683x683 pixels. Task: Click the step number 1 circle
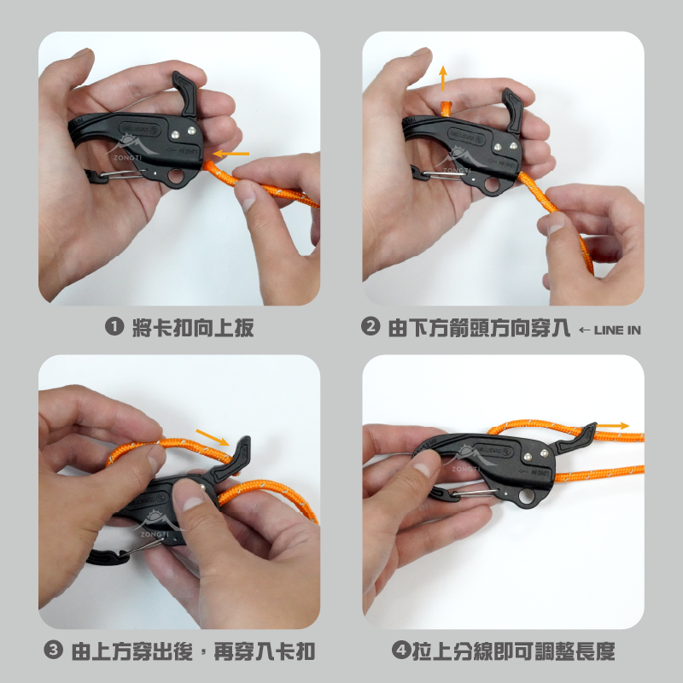tap(114, 326)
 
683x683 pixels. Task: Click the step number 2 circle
tap(371, 326)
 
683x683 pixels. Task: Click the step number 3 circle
tap(53, 651)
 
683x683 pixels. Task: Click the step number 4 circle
tap(400, 650)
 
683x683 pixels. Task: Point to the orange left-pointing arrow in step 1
tap(231, 154)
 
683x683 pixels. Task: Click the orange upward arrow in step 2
tap(443, 79)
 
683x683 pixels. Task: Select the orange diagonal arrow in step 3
tap(213, 438)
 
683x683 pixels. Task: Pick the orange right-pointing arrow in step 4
tap(612, 425)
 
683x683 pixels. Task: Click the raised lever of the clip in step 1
tap(186, 93)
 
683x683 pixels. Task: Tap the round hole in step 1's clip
tap(178, 177)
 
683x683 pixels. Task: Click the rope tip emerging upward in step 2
tap(445, 109)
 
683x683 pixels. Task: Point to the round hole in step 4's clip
tap(528, 496)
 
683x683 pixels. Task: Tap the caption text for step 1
tap(194, 327)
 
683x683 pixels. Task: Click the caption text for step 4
tap(514, 651)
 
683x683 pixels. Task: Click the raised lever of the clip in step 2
tap(513, 110)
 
